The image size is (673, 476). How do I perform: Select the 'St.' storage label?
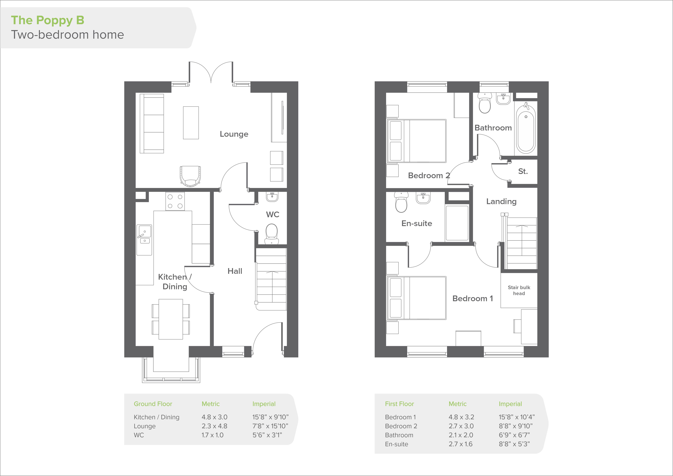click(523, 171)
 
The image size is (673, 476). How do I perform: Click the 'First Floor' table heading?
click(399, 404)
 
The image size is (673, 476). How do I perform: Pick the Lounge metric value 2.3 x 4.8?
click(214, 426)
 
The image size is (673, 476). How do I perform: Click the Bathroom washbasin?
click(503, 99)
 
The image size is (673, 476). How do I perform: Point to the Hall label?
click(235, 271)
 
